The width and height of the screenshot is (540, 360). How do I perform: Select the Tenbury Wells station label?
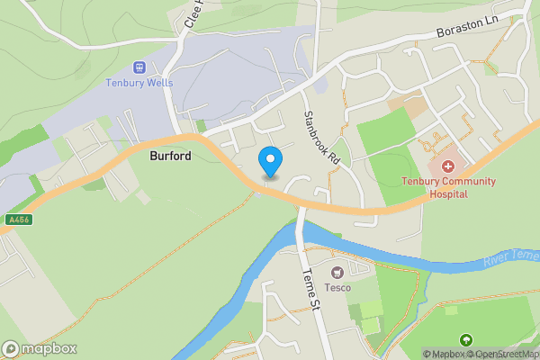click(x=140, y=84)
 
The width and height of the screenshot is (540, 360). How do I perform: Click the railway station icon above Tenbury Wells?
click(x=139, y=67)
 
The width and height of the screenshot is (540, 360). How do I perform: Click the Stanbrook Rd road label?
click(x=321, y=136)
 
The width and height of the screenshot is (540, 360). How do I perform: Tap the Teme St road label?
click(x=310, y=289)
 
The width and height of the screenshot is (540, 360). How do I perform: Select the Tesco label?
click(x=337, y=288)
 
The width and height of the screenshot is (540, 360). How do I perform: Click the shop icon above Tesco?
click(x=337, y=272)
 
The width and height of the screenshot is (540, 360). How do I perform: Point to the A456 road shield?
click(x=16, y=219)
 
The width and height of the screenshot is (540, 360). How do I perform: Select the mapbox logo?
click(x=39, y=349)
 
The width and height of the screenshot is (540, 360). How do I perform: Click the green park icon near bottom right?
click(x=465, y=339)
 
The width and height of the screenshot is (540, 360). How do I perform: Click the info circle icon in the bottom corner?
click(x=9, y=349)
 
